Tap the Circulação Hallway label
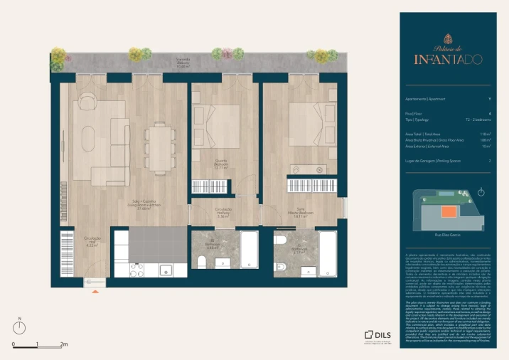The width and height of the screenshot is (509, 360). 223,213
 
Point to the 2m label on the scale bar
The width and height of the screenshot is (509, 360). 63,344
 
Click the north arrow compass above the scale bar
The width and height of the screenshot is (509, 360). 21,327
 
